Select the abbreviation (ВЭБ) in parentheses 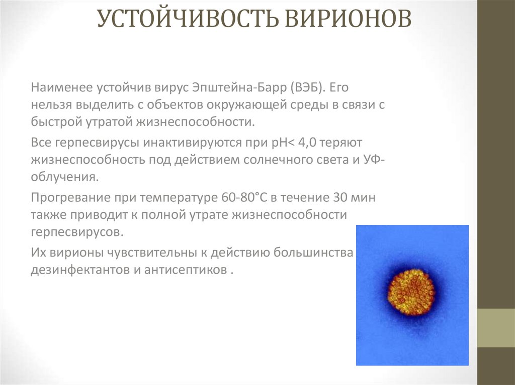pos(307,88)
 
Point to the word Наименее pos(61,88)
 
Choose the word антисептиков pos(186,270)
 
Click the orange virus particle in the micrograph pos(411,292)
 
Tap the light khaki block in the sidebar pos(496,328)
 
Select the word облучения pos(65,177)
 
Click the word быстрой pos(56,122)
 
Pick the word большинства pos(313,252)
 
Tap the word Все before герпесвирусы pos(41,143)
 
